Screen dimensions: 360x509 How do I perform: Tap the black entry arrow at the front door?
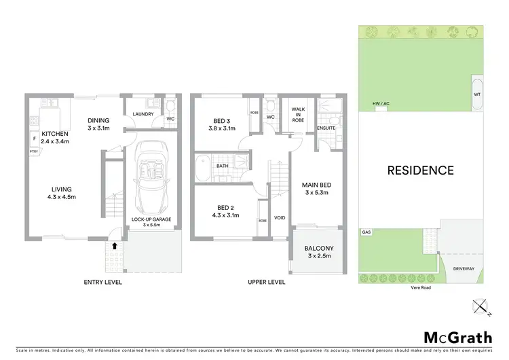pos(114,246)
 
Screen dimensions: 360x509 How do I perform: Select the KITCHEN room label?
pos(56,134)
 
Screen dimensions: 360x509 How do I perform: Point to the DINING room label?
pos(100,121)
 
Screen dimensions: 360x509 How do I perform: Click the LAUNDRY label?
pos(143,114)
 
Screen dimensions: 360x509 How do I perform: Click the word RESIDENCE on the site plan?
pos(419,170)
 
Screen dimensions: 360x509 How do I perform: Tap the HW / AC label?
pos(381,104)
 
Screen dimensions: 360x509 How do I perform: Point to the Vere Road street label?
pos(420,287)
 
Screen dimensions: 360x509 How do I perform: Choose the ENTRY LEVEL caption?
pos(102,281)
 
